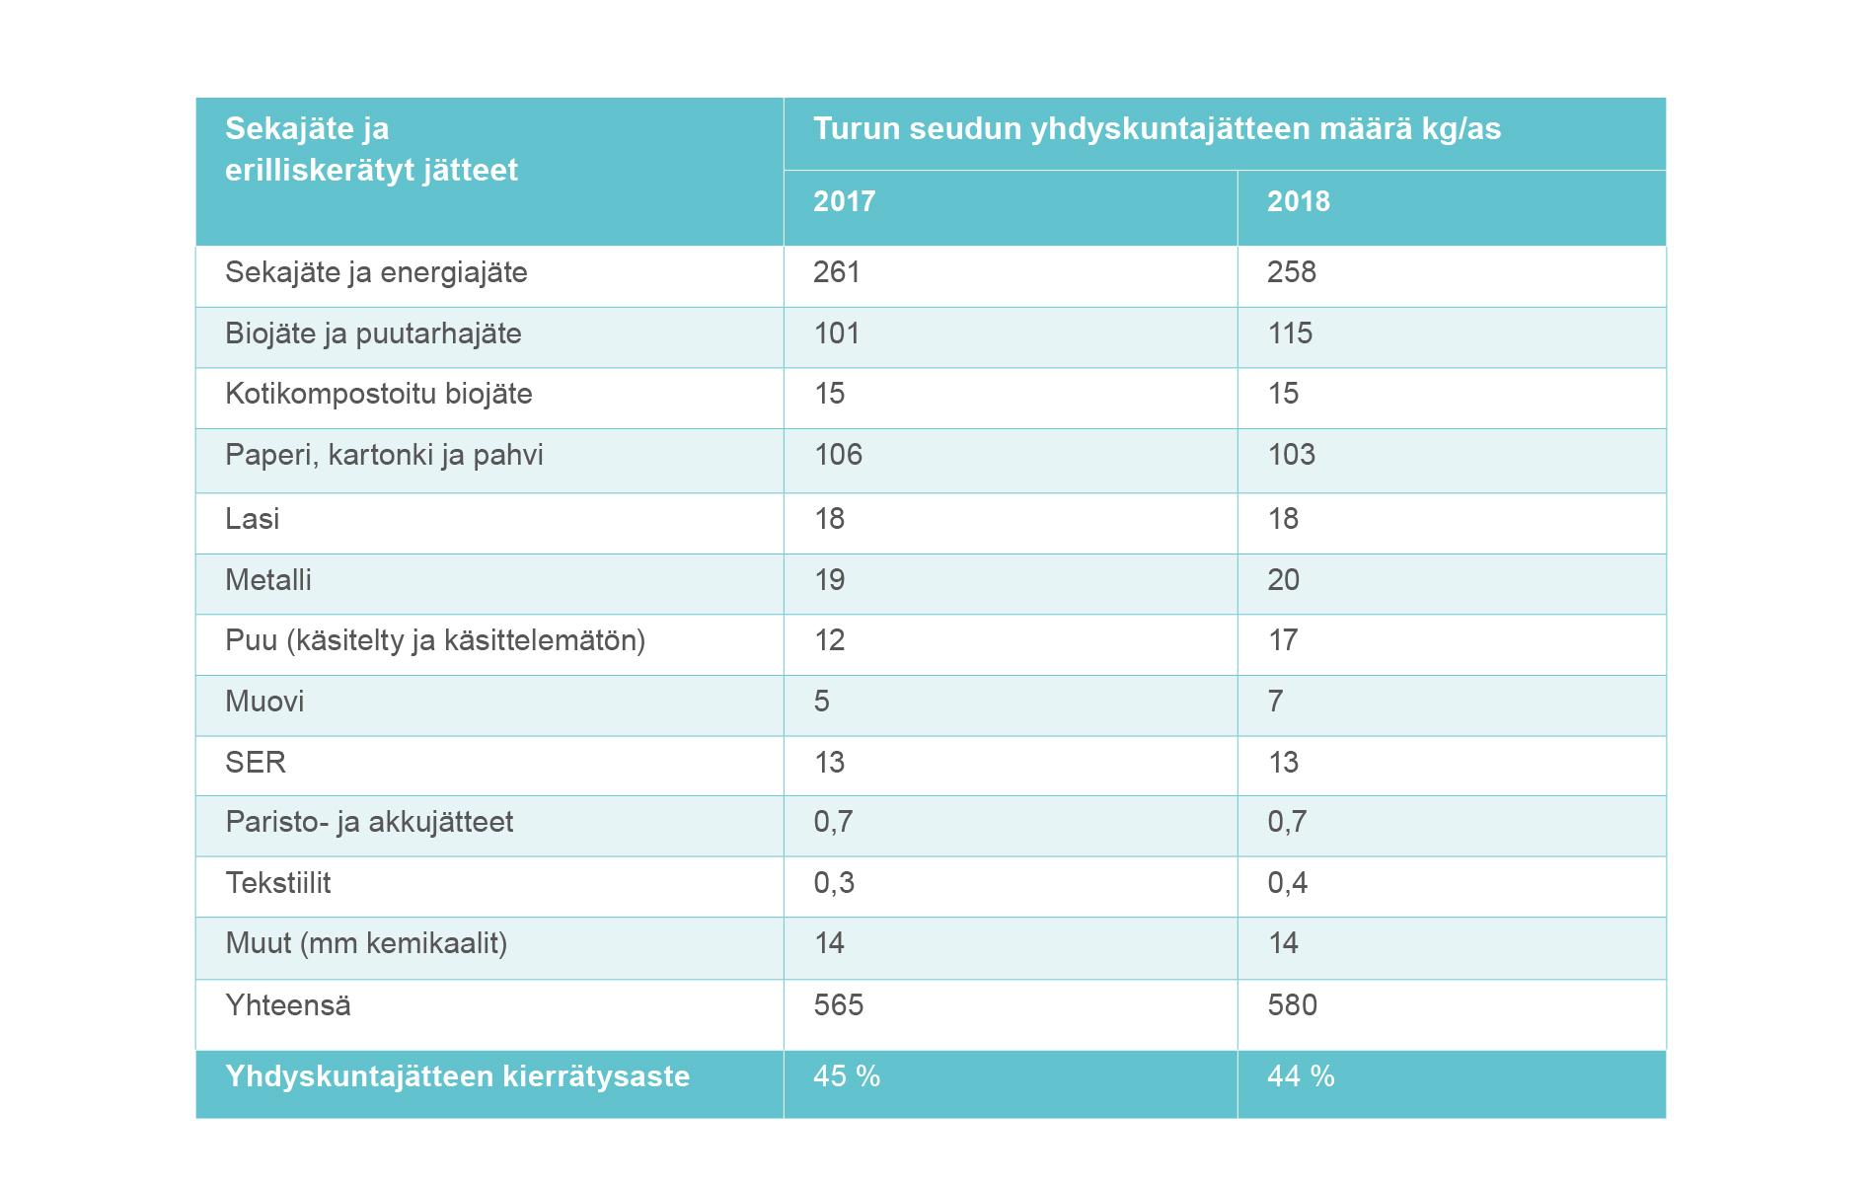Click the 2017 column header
844,201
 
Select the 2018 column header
1298,201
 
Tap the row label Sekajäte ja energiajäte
376,272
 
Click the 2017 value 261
836,272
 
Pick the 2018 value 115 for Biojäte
1289,333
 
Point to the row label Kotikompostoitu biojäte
378,394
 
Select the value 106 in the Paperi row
837,455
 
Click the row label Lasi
252,519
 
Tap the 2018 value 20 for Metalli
1283,580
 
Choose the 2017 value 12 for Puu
829,640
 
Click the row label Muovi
264,702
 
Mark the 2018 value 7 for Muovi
1275,702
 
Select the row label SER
255,763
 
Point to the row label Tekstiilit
277,883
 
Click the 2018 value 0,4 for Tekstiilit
1287,883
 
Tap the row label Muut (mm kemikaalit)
365,943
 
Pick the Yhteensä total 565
838,1005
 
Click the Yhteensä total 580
1292,1005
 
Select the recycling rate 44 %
1300,1076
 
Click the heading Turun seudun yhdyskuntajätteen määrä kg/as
1156,129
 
